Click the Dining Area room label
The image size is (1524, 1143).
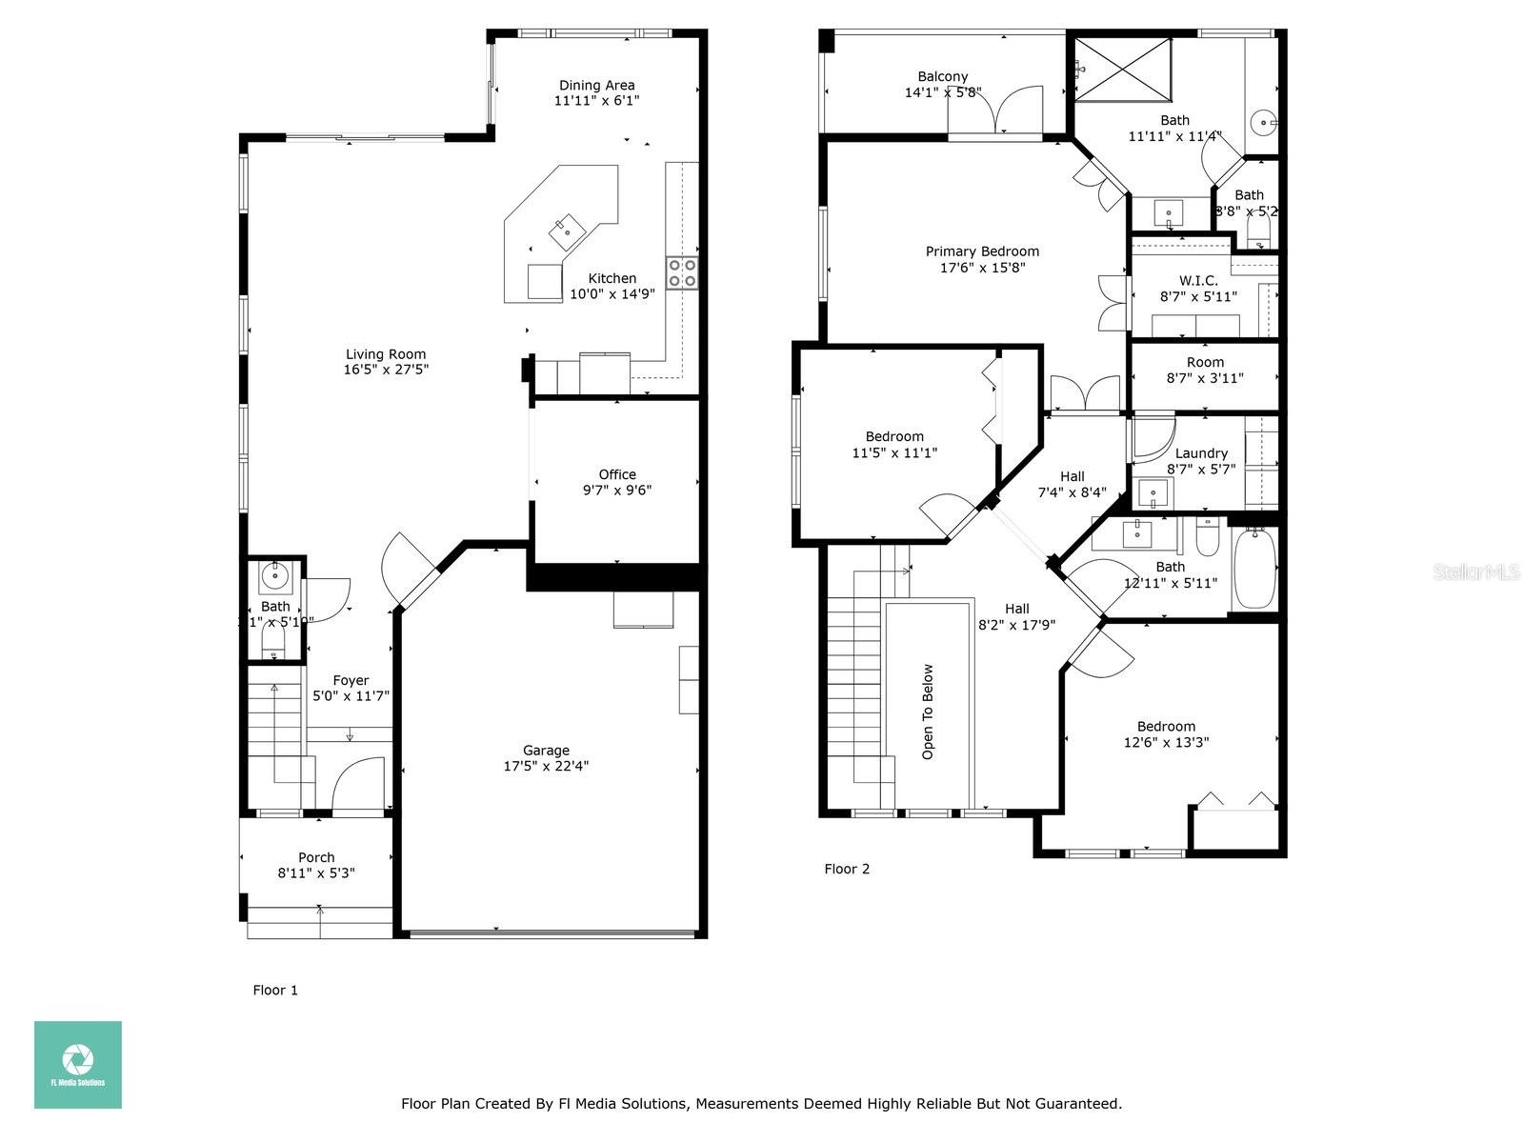(596, 85)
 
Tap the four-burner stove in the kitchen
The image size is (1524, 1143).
(682, 272)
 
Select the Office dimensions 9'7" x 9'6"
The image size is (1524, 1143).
(617, 491)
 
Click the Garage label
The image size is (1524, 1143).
(546, 750)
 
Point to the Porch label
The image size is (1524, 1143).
(316, 857)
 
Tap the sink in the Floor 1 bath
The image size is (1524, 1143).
(276, 573)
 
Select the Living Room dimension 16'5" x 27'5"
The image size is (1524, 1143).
(386, 370)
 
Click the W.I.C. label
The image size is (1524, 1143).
(1198, 280)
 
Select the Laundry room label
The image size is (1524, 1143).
(1201, 453)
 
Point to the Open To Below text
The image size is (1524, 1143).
(928, 712)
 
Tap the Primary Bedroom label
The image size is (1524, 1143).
(982, 251)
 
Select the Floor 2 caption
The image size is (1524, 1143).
(847, 869)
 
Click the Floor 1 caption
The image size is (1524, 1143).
(275, 990)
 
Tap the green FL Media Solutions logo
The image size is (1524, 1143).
(78, 1064)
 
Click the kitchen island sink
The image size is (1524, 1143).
(566, 229)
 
